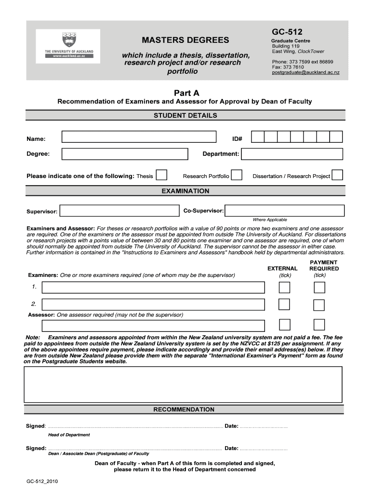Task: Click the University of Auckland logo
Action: tap(68, 46)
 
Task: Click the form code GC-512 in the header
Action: tap(287, 32)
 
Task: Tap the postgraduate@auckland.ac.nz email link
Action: tap(305, 72)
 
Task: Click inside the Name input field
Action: tap(139, 138)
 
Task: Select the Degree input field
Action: tap(125, 154)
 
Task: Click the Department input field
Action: tap(292, 154)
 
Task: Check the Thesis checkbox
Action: tap(162, 175)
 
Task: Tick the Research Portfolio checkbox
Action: tap(236, 175)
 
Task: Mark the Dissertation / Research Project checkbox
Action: tap(337, 175)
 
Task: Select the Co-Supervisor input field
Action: tap(285, 211)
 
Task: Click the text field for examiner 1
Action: tap(153, 288)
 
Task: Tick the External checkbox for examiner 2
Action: tap(284, 304)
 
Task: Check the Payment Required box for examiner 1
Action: tap(319, 288)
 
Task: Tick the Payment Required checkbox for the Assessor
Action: tap(319, 324)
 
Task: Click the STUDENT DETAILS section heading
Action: tap(185, 115)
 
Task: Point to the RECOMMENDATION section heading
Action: tap(184, 410)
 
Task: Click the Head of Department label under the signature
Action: tap(69, 435)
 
